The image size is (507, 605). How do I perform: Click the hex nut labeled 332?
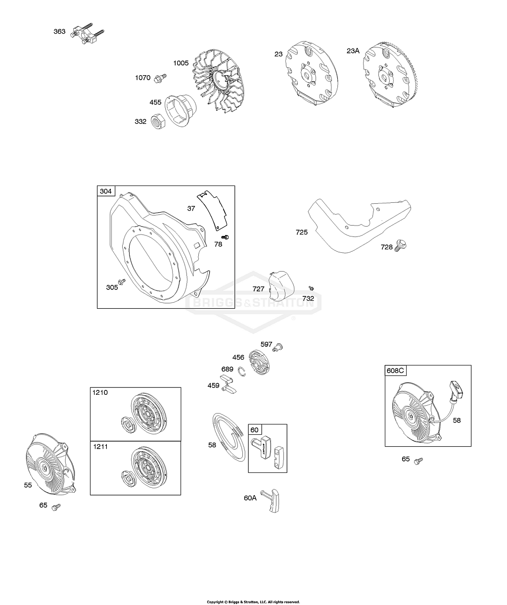(x=158, y=121)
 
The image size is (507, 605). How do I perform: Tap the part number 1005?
(x=181, y=63)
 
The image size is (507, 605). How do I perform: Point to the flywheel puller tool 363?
(x=87, y=34)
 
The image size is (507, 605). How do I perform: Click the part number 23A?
(x=353, y=51)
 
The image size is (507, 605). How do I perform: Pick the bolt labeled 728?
(x=401, y=245)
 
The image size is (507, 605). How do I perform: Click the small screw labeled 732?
(x=311, y=288)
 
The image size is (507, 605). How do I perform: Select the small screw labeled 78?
(x=225, y=237)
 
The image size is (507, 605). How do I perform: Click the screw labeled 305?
(x=122, y=281)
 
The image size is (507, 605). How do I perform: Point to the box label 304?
(x=106, y=191)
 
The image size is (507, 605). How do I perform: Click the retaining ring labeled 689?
(x=242, y=372)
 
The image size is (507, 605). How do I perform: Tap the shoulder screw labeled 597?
(x=277, y=347)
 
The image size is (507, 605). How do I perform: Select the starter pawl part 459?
(x=229, y=384)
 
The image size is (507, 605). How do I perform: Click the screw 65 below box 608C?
(x=418, y=461)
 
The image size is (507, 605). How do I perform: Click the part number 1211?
(x=100, y=447)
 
